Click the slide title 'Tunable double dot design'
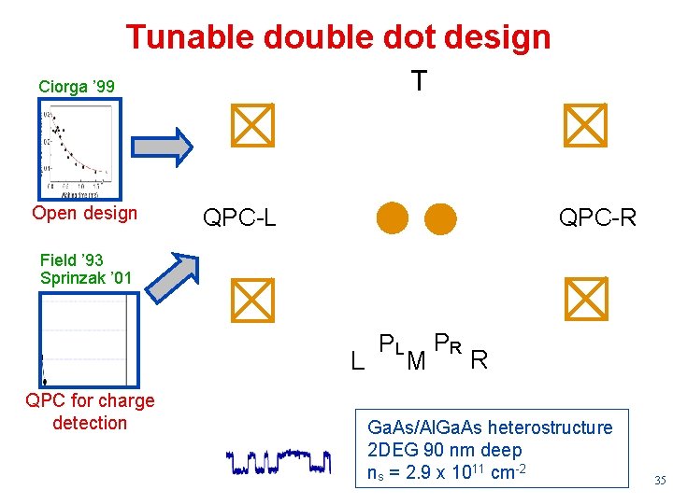pos(337,37)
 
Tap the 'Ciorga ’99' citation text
pos(77,87)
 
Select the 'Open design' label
pos(84,213)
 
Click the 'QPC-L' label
pos(240,218)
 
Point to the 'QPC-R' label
pos(597,218)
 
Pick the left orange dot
pos(393,218)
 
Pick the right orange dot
pos(440,218)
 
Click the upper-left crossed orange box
pos(252,126)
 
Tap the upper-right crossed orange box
pos(586,126)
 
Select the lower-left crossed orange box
pos(252,298)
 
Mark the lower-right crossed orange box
pos(586,298)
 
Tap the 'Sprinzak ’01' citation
pos(86,278)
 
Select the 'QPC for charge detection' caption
pos(90,412)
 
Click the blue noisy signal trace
pos(279,460)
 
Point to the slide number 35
pos(659,482)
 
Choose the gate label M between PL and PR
pos(417,359)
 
